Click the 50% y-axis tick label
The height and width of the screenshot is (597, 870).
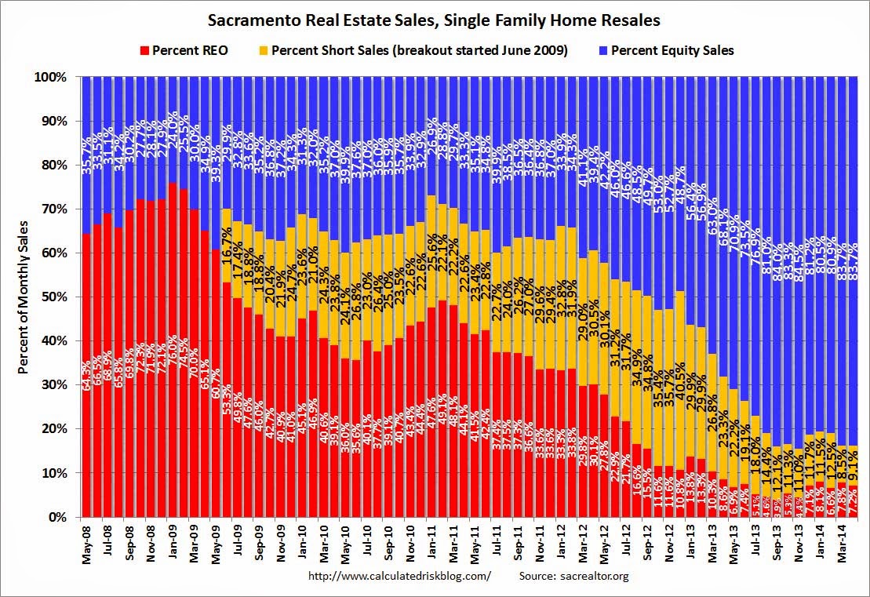coord(61,297)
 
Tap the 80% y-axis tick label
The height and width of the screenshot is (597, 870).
coord(61,166)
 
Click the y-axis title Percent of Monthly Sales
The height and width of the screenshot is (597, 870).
coord(24,297)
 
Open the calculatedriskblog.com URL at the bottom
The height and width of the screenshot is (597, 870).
coord(400,576)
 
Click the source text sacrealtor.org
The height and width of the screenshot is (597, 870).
coord(574,576)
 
